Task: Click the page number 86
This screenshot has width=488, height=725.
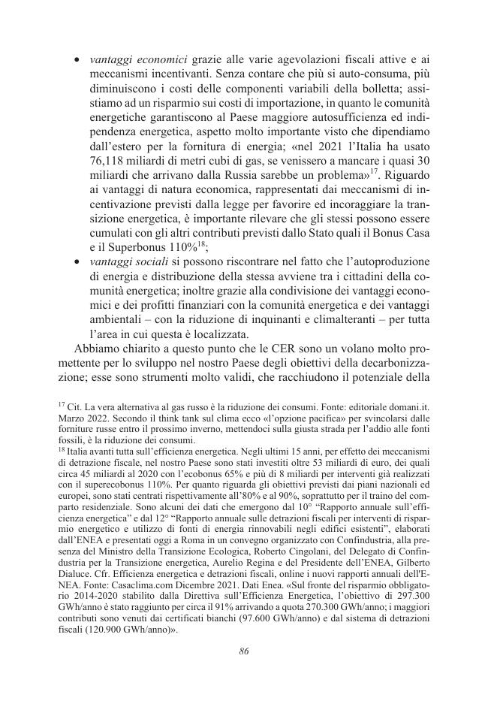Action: pyautogui.click(x=244, y=651)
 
